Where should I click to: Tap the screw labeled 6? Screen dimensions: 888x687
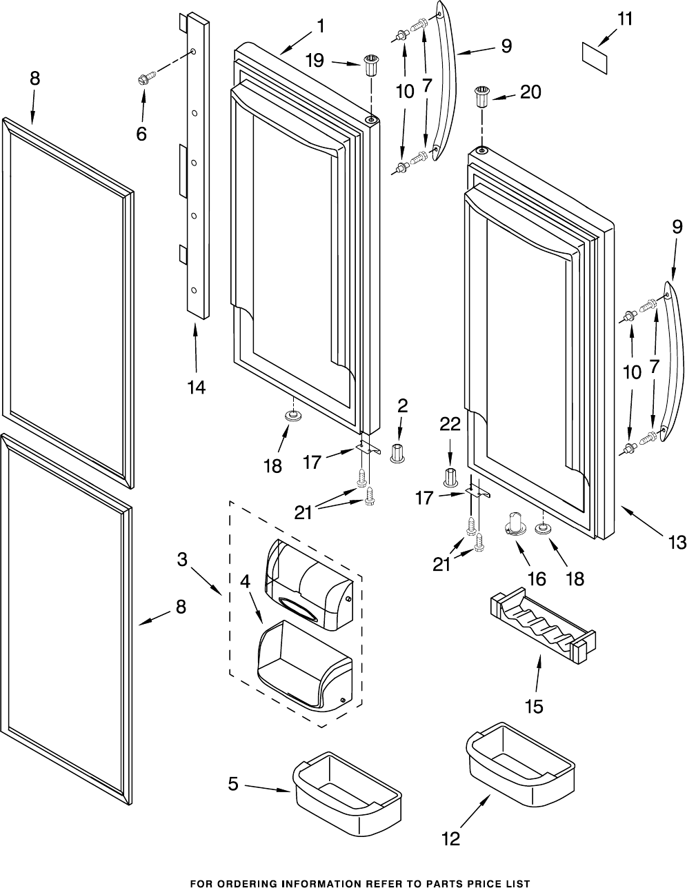pyautogui.click(x=146, y=79)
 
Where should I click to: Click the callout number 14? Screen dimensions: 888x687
pyautogui.click(x=196, y=387)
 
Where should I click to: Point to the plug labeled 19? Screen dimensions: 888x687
pyautogui.click(x=372, y=69)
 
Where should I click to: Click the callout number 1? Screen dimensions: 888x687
pyautogui.click(x=320, y=26)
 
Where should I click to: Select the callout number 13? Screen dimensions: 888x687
pyautogui.click(x=677, y=542)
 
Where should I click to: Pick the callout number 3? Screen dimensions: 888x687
pyautogui.click(x=183, y=560)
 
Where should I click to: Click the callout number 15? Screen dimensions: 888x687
pyautogui.click(x=534, y=706)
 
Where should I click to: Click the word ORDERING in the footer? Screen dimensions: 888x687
pyautogui.click(x=257, y=882)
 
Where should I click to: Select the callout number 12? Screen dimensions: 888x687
pyautogui.click(x=450, y=839)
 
